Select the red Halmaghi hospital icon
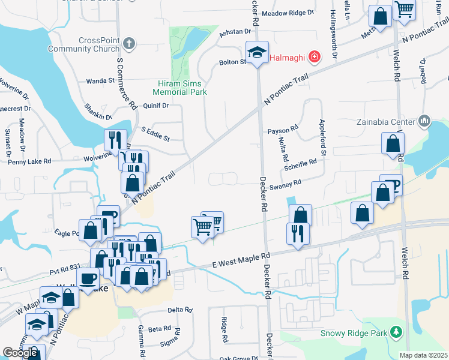[314, 58]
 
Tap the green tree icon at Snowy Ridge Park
[395, 332]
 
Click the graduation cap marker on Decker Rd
[258, 54]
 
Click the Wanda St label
[100, 80]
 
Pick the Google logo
[20, 353]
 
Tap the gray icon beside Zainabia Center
[425, 121]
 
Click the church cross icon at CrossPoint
[129, 44]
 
